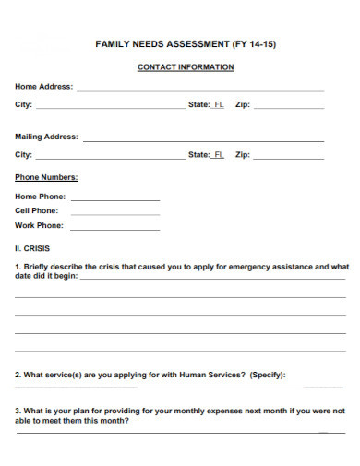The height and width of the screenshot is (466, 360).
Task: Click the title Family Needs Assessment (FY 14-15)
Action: (x=185, y=43)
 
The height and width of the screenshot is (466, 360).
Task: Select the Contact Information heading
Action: (x=185, y=67)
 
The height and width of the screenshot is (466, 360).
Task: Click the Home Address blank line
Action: (x=199, y=90)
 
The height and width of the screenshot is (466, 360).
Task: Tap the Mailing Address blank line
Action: (x=203, y=139)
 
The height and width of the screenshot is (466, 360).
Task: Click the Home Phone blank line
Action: (x=114, y=198)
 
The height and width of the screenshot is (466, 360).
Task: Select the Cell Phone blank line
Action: (x=114, y=213)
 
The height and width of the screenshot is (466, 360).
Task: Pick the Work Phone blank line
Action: (x=114, y=228)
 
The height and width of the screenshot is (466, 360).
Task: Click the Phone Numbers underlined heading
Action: (x=46, y=177)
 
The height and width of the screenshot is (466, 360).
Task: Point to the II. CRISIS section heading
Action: (x=32, y=248)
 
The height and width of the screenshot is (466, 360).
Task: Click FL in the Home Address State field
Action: (x=219, y=105)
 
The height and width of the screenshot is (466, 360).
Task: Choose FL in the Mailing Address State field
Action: (x=219, y=155)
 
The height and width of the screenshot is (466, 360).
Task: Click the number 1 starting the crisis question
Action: (x=18, y=267)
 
